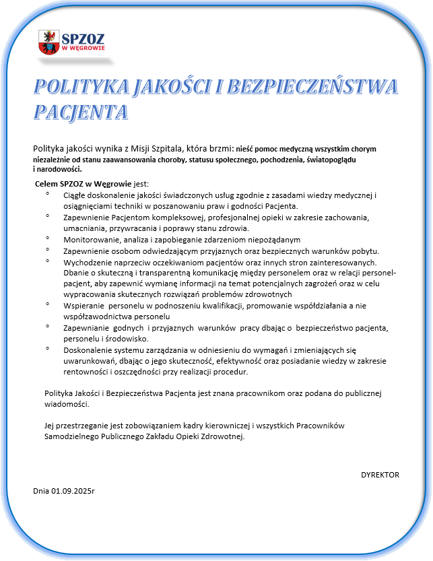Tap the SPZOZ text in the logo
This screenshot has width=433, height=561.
[83, 38]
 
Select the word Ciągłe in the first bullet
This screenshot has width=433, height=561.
[75, 195]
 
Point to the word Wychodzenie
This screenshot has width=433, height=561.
[87, 261]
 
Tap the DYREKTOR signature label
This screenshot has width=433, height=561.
[380, 475]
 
